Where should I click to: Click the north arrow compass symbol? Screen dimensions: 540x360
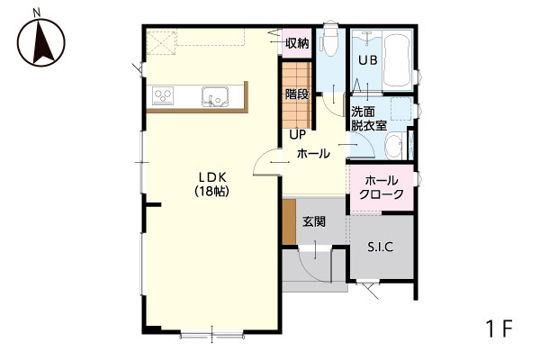40,42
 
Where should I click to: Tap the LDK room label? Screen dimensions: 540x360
212,177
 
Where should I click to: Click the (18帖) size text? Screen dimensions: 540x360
212,191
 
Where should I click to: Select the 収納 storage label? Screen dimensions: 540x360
297,43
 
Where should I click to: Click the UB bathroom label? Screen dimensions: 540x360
368,60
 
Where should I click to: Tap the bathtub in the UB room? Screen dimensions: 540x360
397,61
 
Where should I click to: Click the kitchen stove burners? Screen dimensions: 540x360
163,95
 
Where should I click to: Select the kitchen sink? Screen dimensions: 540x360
215,96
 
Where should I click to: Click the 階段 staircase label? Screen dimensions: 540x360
297,94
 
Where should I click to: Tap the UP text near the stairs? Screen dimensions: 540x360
298,135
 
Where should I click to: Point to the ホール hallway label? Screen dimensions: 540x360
313,154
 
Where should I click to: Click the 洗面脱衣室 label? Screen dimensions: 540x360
369,119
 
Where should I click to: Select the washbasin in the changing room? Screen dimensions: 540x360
393,146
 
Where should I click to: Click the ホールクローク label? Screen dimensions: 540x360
382,187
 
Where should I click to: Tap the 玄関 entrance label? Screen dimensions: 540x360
314,221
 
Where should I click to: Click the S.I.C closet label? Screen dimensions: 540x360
381,247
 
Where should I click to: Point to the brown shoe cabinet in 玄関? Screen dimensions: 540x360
289,221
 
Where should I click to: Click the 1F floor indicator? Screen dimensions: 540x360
499,328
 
